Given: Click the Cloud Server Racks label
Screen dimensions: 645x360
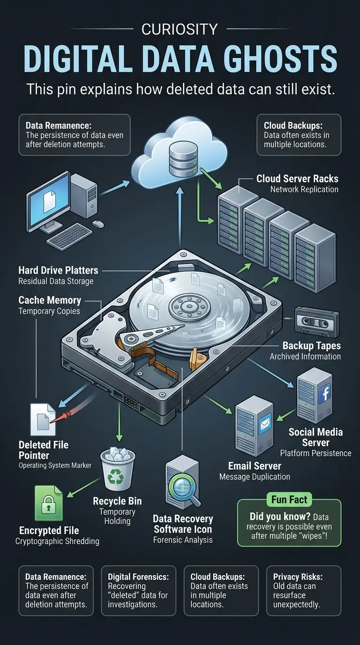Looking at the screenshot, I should pos(297,179).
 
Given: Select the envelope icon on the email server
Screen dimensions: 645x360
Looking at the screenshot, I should pos(265,424).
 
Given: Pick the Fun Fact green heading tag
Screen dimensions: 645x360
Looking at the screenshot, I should pos(289,499).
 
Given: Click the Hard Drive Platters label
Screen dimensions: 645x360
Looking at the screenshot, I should pos(58,270).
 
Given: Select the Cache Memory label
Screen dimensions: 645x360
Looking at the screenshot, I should pos(50,300).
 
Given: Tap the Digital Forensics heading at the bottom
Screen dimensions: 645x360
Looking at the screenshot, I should pos(138,577).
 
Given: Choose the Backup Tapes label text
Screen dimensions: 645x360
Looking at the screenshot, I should pos(311,346).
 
